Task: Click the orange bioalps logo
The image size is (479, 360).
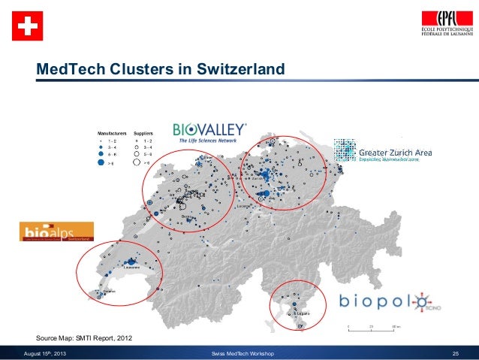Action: [57, 231]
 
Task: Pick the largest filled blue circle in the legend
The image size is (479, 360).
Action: [101, 162]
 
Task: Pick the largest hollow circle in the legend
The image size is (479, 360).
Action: [136, 162]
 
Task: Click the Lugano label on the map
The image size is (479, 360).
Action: [303, 312]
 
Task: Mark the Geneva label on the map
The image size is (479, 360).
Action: [110, 291]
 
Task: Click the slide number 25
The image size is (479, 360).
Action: [454, 352]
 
